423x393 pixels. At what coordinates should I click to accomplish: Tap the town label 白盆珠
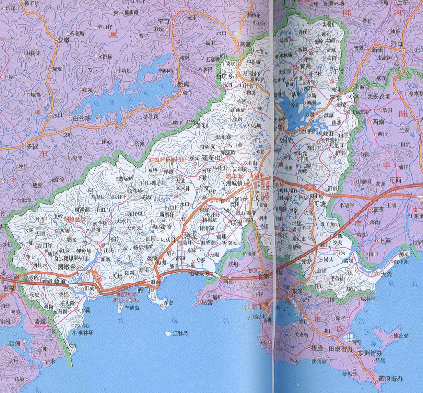click(81, 118)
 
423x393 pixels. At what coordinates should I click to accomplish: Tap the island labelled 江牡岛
click(181, 333)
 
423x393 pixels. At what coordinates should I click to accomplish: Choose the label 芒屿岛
click(132, 308)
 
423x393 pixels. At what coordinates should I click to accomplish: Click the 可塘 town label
click(320, 203)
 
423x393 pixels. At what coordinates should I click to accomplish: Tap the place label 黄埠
click(40, 321)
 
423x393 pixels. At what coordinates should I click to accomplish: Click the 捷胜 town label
click(317, 348)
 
